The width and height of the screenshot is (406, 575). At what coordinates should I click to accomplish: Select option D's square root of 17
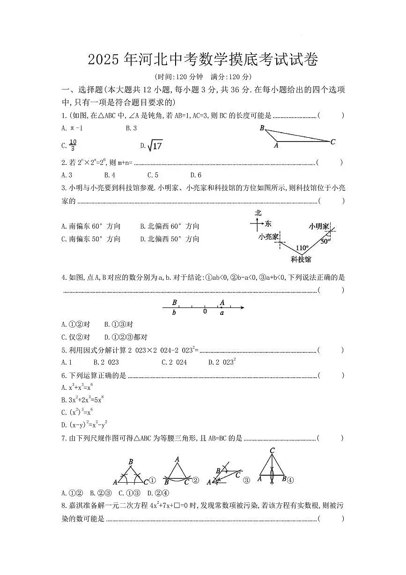click(x=154, y=146)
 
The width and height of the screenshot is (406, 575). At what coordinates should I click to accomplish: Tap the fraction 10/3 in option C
click(x=73, y=146)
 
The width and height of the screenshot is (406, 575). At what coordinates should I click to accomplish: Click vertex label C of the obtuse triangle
click(x=333, y=142)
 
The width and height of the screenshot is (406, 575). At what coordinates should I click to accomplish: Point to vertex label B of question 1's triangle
click(x=262, y=128)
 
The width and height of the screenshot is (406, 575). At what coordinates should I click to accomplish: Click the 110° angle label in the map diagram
click(x=302, y=247)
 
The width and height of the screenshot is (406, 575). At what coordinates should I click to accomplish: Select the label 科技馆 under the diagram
click(x=301, y=259)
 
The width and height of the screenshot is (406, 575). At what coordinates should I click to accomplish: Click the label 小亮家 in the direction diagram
click(x=268, y=237)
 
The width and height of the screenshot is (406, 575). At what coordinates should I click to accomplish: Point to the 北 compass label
click(x=258, y=213)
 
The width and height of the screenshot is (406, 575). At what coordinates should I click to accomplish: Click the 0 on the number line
click(x=205, y=311)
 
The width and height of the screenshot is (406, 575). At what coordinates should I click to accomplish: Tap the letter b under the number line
click(x=174, y=313)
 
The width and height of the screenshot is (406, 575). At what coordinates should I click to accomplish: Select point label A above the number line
click(x=222, y=303)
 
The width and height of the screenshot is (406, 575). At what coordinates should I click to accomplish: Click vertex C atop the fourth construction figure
click(x=272, y=451)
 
